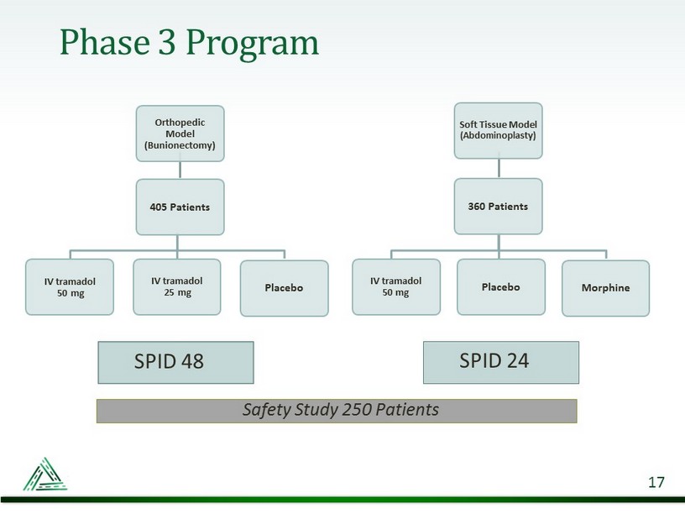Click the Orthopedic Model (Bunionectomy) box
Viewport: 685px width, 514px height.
pos(180,134)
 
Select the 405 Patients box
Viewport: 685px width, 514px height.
pos(180,207)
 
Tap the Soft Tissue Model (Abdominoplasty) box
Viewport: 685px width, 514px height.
pos(498,131)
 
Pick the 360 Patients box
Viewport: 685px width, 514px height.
pos(498,207)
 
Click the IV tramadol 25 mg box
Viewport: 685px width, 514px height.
pos(177,286)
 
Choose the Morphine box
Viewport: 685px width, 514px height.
pos(605,288)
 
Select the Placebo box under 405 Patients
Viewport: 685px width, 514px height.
pos(284,288)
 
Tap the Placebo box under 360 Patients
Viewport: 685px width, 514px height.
pos(501,286)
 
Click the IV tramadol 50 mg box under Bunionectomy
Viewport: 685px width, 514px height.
pos(70,286)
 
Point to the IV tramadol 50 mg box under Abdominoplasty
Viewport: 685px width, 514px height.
pos(396,286)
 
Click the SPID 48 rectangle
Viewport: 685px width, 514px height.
pos(175,362)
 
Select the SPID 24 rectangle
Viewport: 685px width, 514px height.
pos(501,362)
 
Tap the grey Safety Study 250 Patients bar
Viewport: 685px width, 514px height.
pos(337,411)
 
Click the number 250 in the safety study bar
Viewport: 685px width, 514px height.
pos(357,410)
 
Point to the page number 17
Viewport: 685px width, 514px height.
pos(656,482)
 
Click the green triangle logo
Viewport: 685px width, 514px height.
pos(45,475)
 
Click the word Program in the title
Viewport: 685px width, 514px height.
pos(253,45)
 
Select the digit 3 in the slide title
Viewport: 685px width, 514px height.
pos(167,42)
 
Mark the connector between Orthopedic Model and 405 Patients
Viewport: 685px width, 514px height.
pos(180,170)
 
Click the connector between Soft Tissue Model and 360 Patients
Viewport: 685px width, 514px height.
pos(499,168)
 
